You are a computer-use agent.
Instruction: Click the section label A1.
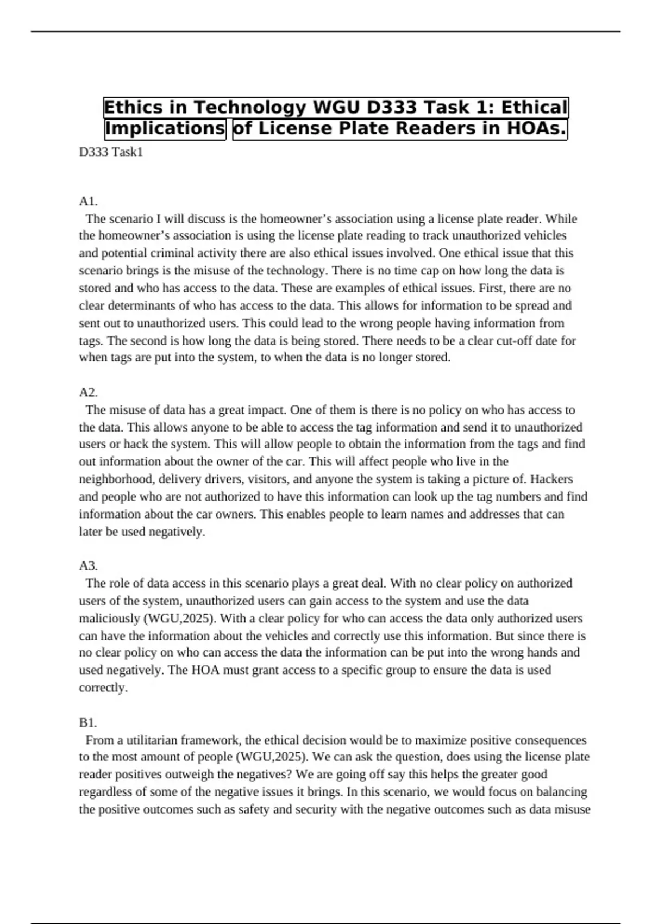[x=88, y=202]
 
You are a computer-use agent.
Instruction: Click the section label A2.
[x=88, y=392]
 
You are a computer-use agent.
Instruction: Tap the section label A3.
[x=88, y=566]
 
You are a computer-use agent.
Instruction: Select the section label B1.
[x=87, y=723]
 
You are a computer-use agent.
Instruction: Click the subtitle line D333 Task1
[x=111, y=152]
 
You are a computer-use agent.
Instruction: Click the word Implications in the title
[x=165, y=129]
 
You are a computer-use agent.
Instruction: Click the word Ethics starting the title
[x=134, y=107]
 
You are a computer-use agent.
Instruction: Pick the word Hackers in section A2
[x=551, y=479]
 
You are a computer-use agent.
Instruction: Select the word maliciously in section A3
[x=109, y=619]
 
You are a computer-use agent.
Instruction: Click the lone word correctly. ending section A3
[x=103, y=688]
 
